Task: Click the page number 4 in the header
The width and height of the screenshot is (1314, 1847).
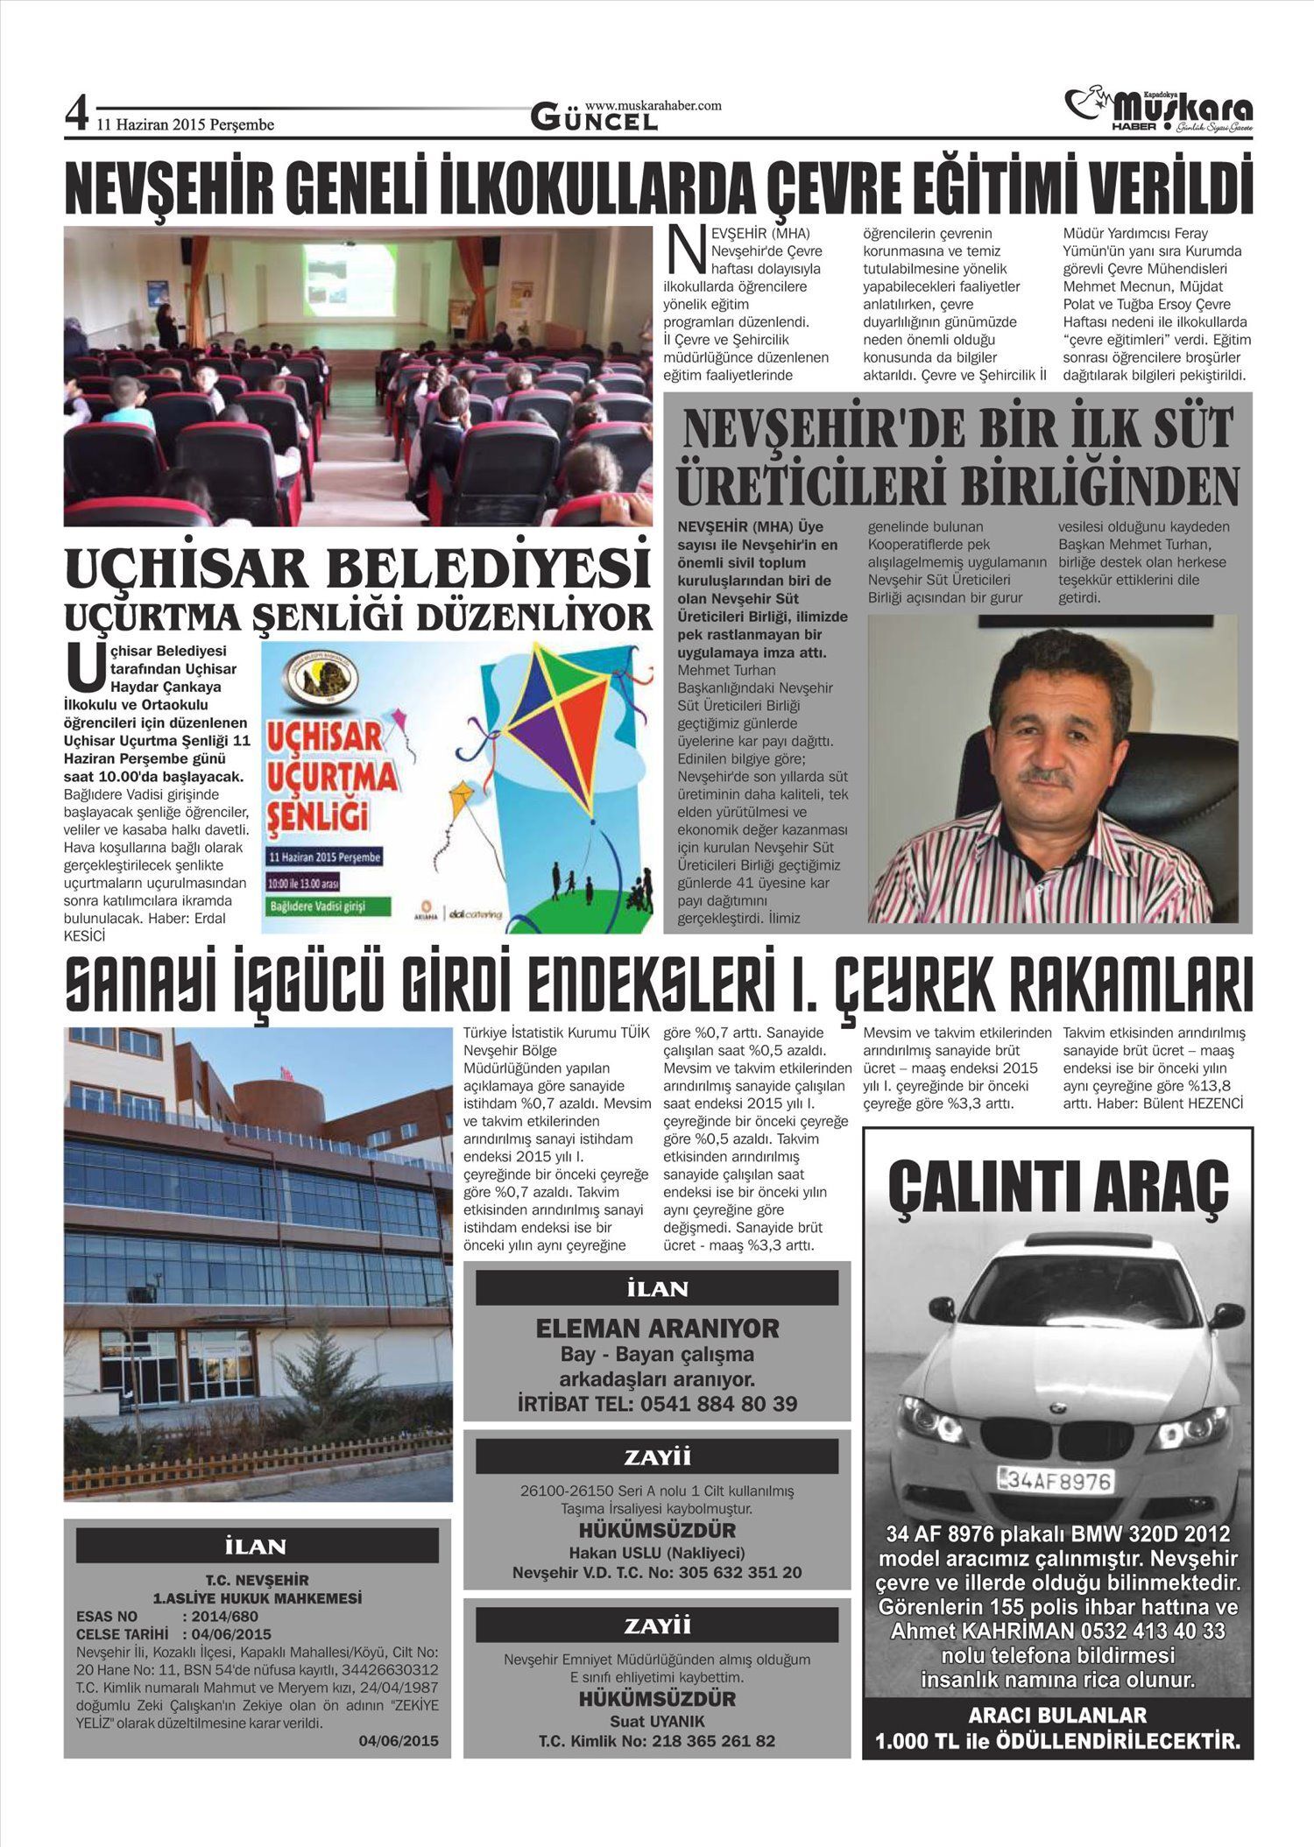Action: click(x=77, y=115)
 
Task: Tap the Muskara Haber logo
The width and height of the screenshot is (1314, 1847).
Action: click(x=1161, y=110)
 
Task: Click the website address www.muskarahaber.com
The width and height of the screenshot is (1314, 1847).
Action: click(x=653, y=105)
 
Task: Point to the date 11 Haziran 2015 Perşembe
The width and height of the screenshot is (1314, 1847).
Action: click(x=185, y=125)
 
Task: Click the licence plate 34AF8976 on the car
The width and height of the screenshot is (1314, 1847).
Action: click(x=1058, y=1481)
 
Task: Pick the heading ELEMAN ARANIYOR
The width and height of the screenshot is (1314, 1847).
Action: click(x=657, y=1329)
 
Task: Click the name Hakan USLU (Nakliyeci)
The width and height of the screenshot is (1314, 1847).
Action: click(x=657, y=1553)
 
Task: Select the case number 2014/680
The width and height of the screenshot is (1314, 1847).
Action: click(x=226, y=1616)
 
